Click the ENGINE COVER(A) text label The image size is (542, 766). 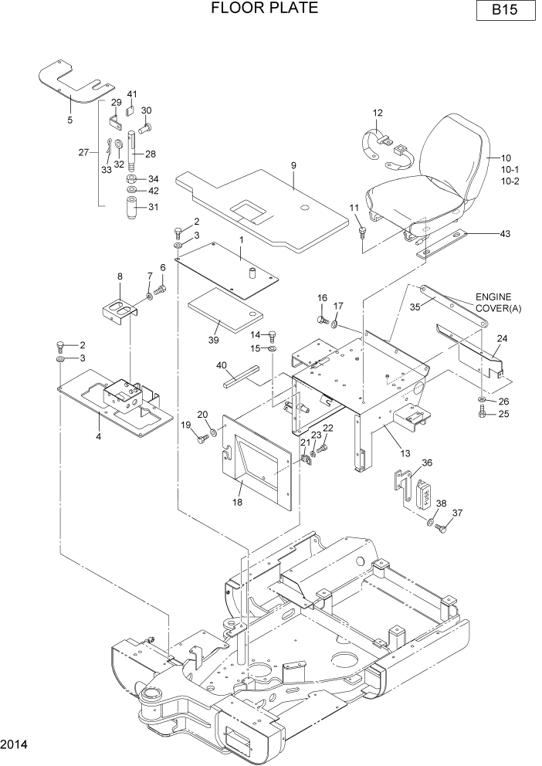tap(498, 302)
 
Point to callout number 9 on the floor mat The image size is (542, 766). tap(294, 166)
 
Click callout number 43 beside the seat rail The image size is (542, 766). tap(505, 233)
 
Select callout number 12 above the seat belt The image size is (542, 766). tap(378, 113)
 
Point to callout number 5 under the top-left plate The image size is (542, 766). tap(69, 120)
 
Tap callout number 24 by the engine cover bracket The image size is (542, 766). tap(502, 338)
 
